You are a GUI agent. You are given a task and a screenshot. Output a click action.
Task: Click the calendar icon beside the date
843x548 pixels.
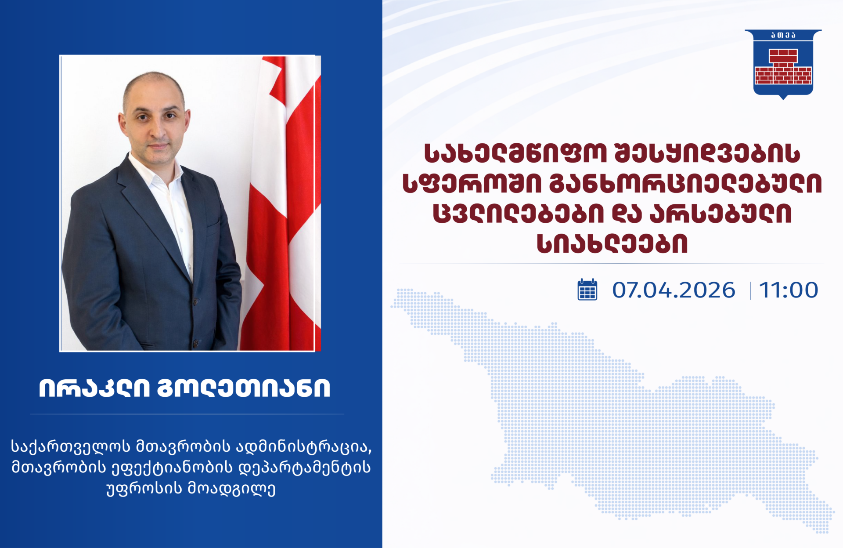tap(587, 290)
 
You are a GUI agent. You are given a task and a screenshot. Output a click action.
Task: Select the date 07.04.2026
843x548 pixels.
tap(674, 290)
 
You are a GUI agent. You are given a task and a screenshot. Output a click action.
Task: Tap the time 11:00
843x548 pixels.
tap(789, 290)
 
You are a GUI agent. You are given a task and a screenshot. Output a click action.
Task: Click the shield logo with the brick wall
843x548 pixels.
tap(783, 64)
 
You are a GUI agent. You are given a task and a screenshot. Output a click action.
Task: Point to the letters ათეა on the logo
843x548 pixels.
tap(783, 35)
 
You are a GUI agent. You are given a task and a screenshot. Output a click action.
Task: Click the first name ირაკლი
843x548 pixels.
tap(94, 388)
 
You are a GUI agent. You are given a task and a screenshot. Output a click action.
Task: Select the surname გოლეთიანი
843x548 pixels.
tap(244, 388)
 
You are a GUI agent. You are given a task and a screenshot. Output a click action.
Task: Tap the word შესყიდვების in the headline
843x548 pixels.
tap(707, 153)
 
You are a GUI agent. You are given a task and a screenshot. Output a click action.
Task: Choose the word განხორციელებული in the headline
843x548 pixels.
tap(685, 183)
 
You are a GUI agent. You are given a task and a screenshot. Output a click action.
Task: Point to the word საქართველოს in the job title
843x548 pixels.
tap(71, 447)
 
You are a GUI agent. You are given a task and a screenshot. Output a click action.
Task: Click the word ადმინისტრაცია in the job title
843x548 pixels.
tap(304, 447)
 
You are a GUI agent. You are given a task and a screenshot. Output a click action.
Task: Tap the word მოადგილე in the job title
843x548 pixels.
tap(232, 489)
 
